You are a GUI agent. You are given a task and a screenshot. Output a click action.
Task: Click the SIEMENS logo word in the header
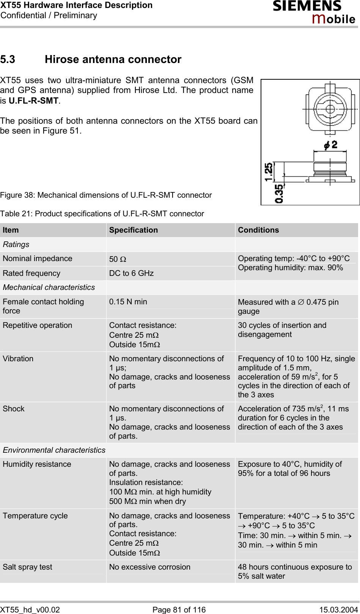(x=307, y=6)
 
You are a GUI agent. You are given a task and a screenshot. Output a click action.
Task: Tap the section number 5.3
(x=8, y=60)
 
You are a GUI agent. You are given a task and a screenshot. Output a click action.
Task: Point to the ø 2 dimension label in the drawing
(x=330, y=145)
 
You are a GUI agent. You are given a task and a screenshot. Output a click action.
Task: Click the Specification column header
(x=134, y=230)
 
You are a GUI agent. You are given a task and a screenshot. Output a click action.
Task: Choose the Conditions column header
(x=258, y=230)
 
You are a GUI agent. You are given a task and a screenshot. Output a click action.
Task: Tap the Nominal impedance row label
(x=38, y=259)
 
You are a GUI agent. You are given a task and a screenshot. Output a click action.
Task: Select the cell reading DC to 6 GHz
(x=131, y=273)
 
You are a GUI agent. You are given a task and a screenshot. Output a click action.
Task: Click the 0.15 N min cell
(x=128, y=302)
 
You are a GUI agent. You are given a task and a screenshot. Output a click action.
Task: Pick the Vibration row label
(x=18, y=359)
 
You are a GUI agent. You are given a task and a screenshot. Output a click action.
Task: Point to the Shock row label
(x=14, y=409)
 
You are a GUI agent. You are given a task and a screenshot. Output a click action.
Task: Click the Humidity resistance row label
(x=37, y=464)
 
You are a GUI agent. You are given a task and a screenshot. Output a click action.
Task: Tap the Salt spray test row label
(x=27, y=567)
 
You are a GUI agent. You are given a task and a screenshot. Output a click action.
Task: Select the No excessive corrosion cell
(x=150, y=567)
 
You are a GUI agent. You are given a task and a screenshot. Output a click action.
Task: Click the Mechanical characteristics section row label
(x=49, y=288)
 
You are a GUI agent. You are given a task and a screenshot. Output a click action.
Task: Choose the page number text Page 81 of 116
(x=179, y=610)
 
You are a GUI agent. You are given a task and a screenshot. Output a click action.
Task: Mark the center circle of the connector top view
(x=330, y=109)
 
